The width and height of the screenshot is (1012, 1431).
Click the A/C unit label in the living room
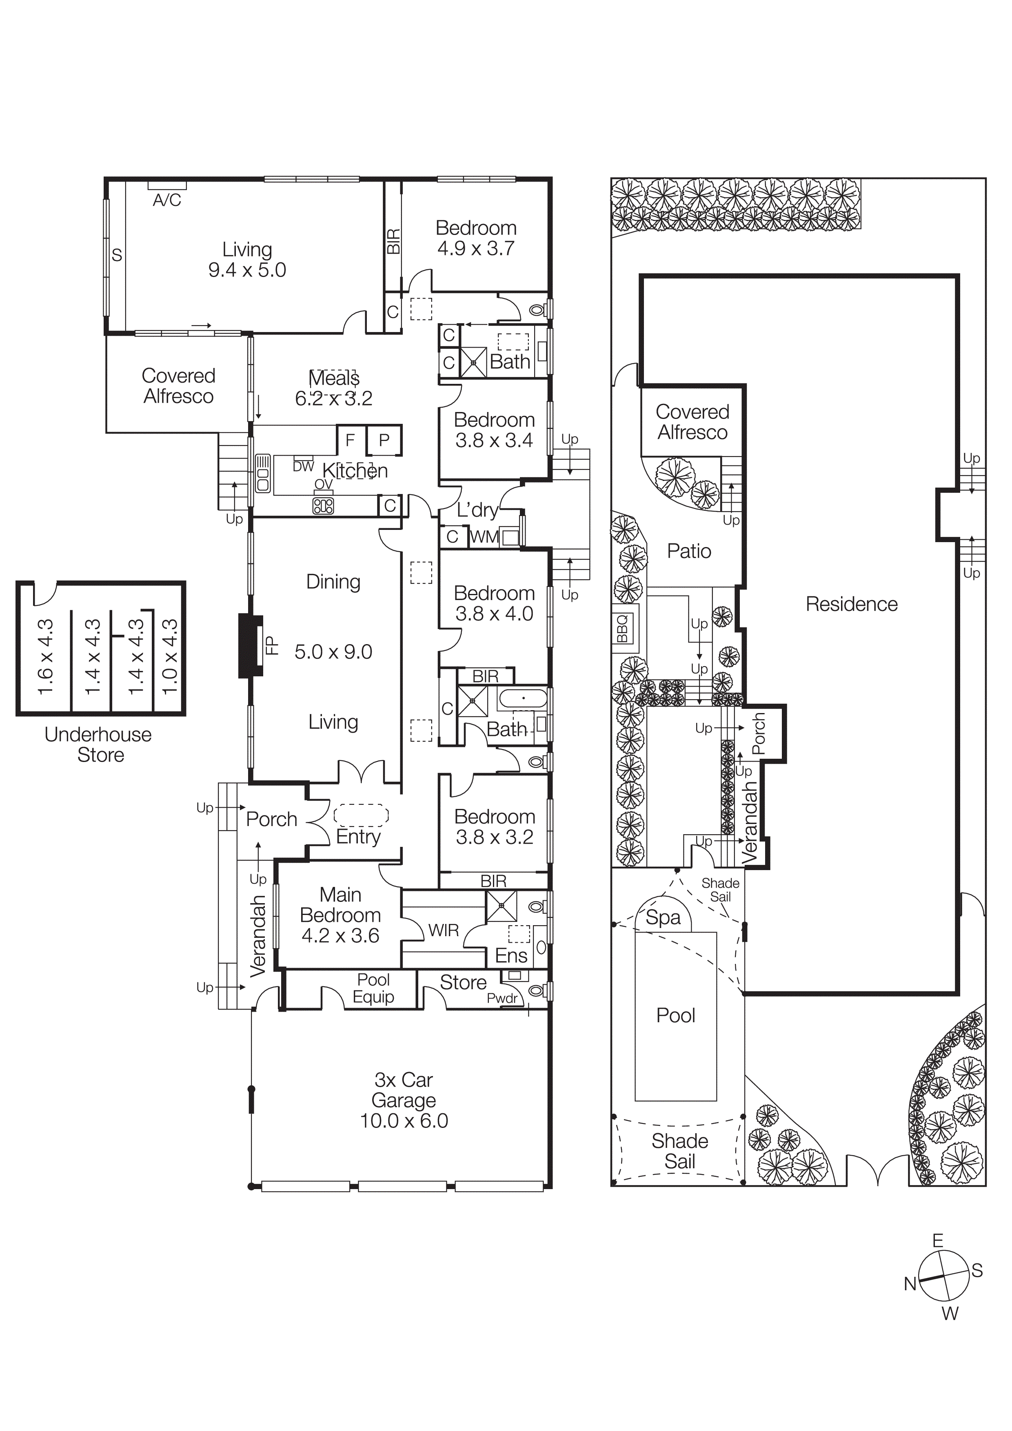pos(167,200)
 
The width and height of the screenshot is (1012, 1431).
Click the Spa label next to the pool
pos(663,917)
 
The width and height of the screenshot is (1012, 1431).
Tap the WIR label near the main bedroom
pos(443,930)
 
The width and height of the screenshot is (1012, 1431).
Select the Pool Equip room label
pos(373,988)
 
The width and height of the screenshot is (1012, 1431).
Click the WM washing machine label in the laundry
pos(484,537)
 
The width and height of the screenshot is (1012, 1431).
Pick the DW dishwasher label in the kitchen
pos(304,466)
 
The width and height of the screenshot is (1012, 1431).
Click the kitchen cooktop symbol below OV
pos(323,505)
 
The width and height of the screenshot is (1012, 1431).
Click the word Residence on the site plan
pos(851,604)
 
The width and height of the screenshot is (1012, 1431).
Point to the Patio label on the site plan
pos(689,551)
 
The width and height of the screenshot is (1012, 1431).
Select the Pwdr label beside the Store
pos(502,999)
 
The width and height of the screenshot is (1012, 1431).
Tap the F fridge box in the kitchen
pos(351,440)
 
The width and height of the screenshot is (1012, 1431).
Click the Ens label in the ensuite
pos(510,955)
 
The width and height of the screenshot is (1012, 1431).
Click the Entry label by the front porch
pos(358,836)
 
